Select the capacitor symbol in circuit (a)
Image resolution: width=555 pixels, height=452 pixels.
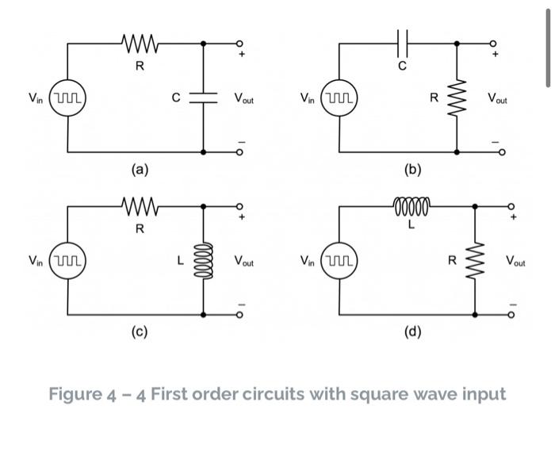pyautogui.click(x=204, y=98)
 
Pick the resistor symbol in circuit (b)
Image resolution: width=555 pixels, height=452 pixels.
pyautogui.click(x=457, y=98)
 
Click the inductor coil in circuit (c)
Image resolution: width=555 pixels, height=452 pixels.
pyautogui.click(x=204, y=259)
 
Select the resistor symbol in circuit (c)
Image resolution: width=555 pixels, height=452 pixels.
pyautogui.click(x=140, y=207)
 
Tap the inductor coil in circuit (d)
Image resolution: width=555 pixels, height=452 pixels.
pyautogui.click(x=411, y=207)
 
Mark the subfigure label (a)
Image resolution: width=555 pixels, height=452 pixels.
pyautogui.click(x=140, y=169)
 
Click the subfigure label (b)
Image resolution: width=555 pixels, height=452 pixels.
pyautogui.click(x=412, y=169)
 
